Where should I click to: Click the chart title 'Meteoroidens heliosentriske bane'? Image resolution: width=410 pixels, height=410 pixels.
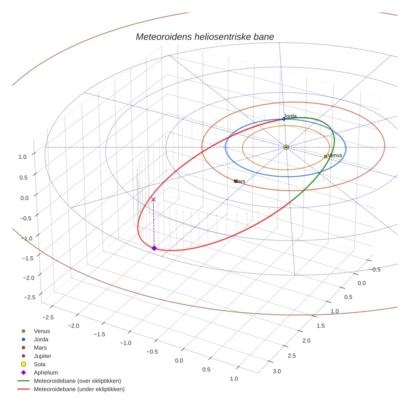pos(205,37)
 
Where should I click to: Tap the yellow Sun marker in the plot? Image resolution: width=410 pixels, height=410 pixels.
pos(286,147)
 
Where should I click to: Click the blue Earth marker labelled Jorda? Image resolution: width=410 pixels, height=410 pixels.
pos(284,119)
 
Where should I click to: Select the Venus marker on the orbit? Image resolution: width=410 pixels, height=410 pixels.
pos(325,157)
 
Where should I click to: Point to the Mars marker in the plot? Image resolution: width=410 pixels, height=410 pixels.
pos(235,181)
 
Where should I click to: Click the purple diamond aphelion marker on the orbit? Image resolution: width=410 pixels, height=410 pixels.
pos(154,248)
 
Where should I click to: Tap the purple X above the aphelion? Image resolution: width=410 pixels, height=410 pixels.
pos(153,200)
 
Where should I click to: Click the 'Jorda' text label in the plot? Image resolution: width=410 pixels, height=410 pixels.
pos(290,115)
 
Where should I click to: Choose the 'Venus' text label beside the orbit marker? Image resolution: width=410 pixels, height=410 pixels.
pos(335,155)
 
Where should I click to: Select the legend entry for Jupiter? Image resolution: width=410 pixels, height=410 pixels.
pos(42,356)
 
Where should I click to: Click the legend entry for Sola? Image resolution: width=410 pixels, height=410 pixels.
pos(40,365)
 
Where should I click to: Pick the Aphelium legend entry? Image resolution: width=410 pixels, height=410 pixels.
pos(45,373)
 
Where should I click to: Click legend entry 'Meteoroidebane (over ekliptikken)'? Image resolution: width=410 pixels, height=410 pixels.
pos(77,381)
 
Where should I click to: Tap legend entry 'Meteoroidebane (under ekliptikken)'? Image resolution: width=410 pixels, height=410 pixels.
pos(79,390)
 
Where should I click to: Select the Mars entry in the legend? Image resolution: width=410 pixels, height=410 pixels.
pos(40,348)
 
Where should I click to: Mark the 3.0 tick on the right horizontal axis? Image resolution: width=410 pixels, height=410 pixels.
pos(277,371)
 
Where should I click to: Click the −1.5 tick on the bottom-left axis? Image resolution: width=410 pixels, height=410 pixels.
pos(99,334)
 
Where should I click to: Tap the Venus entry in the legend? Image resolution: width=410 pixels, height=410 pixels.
pos(42,331)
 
